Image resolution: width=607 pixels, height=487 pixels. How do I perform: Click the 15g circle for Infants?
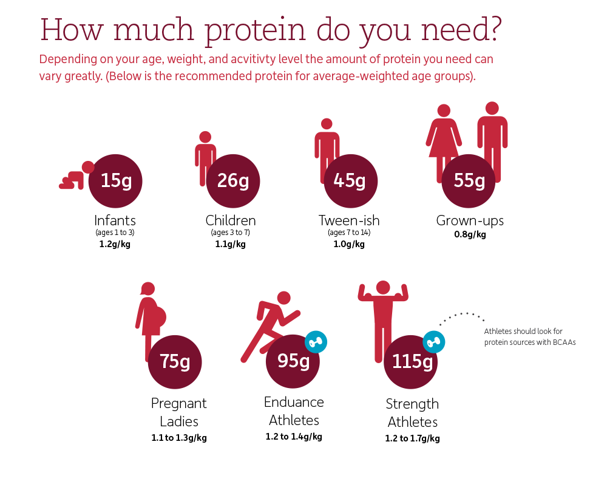115,181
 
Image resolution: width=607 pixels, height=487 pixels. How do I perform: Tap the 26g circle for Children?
232,181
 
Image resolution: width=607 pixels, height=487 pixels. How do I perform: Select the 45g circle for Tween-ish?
350,181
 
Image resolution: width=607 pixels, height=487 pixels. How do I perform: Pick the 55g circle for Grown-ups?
469,181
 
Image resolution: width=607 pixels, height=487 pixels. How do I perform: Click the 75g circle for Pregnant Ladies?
175,362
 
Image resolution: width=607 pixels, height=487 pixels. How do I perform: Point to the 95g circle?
293,361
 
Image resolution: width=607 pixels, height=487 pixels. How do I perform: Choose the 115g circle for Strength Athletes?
411,362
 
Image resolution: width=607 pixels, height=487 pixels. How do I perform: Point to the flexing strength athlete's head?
383,288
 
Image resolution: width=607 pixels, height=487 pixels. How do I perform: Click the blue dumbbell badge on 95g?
316,342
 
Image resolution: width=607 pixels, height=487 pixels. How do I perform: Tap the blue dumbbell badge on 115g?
433,342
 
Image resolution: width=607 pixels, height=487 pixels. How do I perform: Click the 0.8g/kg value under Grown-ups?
470,234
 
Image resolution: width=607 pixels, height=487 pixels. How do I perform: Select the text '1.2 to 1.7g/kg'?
412,438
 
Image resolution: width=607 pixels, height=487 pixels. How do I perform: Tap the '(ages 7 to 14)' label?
349,233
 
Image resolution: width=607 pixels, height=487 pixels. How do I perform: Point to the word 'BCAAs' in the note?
564,342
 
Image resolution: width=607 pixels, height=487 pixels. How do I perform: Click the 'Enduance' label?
294,402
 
